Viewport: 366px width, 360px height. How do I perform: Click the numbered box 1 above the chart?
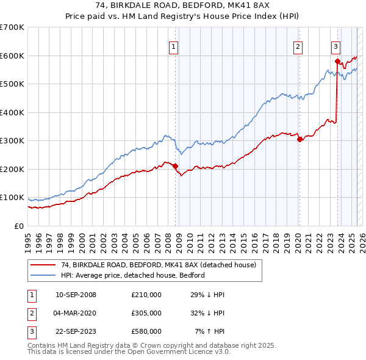coord(174,46)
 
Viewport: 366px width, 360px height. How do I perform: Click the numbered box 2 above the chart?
coord(298,46)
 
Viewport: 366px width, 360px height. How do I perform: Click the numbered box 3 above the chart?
coord(336,46)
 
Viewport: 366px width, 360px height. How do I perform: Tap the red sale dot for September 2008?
coord(175,166)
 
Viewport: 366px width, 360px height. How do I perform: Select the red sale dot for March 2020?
coord(299,139)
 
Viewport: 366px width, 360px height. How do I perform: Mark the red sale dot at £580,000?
coord(337,61)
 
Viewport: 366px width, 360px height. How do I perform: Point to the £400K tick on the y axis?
coord(12,112)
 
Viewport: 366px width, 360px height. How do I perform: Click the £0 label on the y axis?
coord(19,226)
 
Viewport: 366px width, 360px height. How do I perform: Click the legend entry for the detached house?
coord(162,265)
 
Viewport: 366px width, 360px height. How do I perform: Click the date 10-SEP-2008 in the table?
coord(76,295)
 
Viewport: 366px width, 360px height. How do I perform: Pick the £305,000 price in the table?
coord(146,313)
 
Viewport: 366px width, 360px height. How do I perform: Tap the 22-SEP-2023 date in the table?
coord(76,331)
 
